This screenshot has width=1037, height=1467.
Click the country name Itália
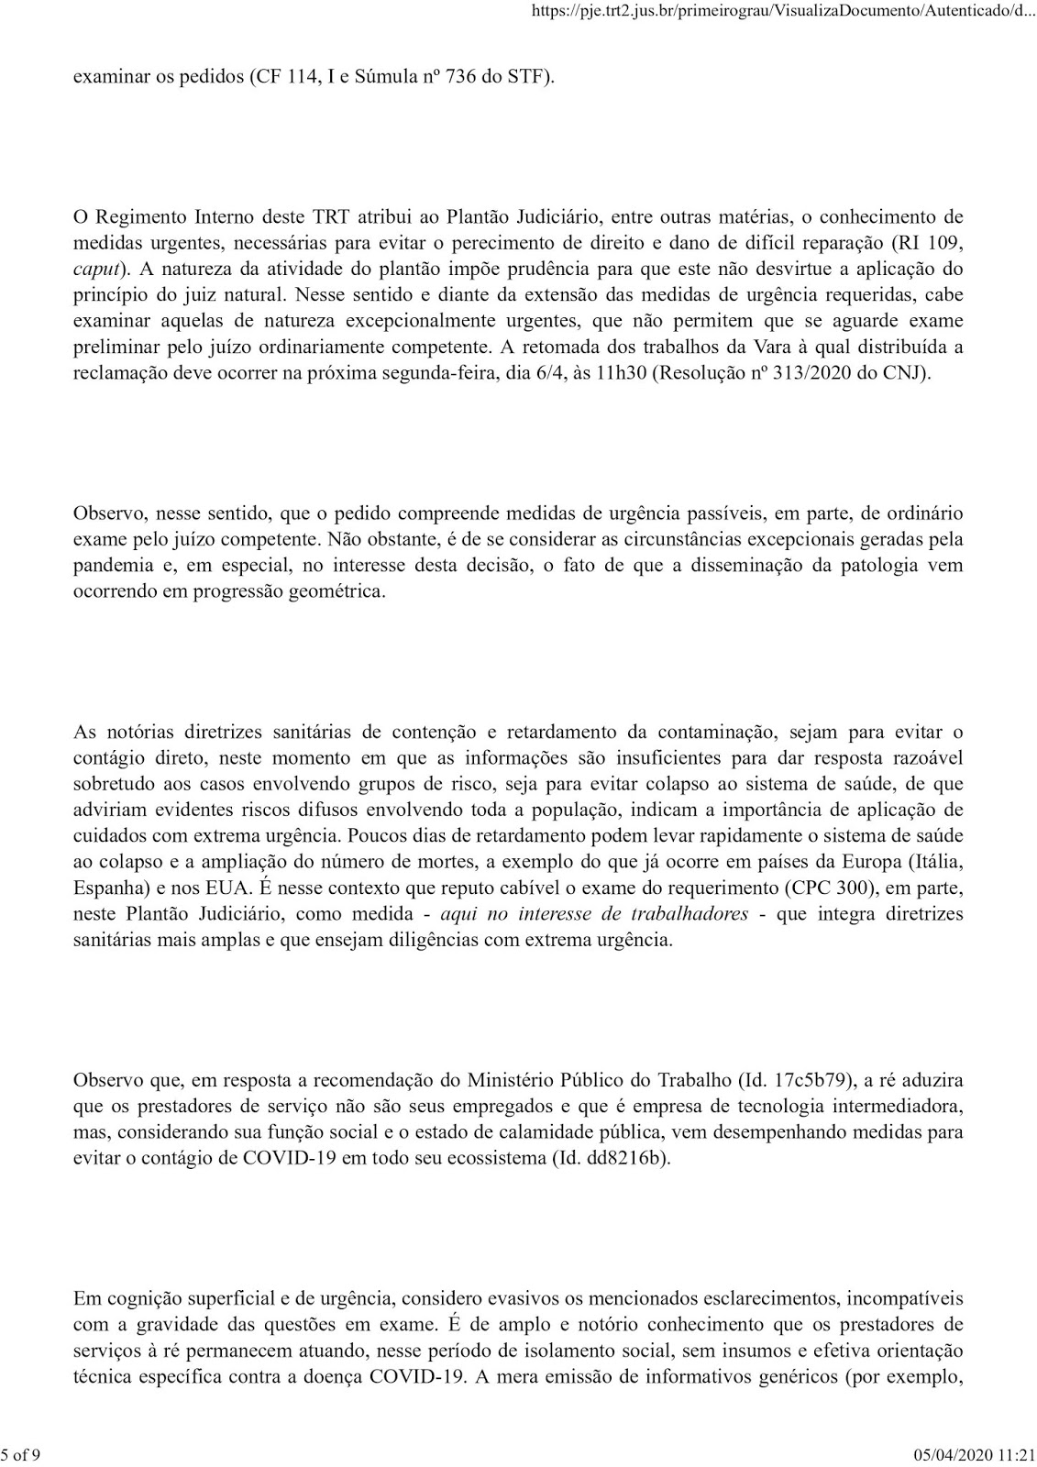[935, 863]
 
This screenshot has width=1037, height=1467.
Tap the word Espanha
[105, 888]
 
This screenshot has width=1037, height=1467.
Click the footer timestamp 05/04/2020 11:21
[976, 1454]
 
